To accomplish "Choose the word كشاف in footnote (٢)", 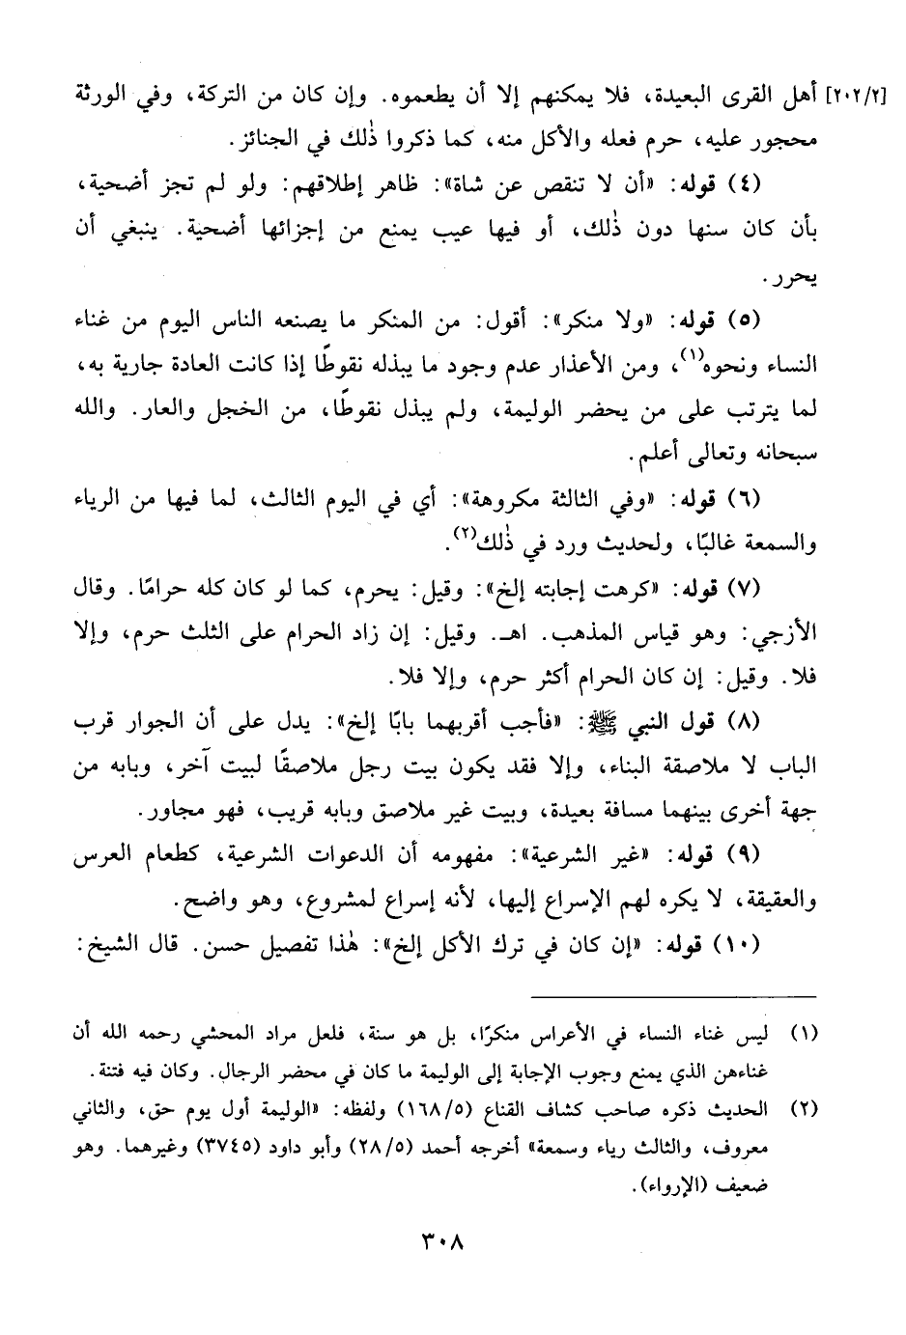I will click(563, 1109).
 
